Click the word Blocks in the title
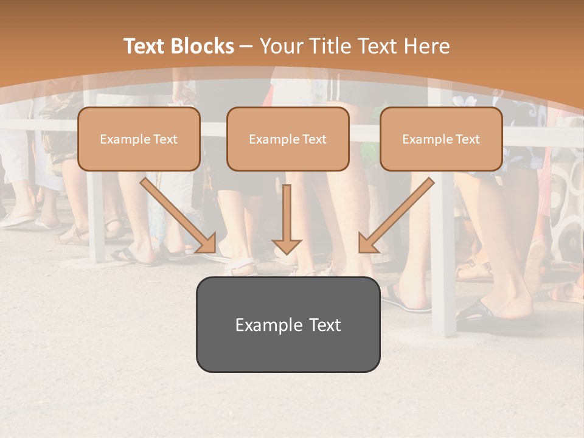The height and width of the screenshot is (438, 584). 204,46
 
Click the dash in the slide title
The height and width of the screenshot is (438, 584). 246,47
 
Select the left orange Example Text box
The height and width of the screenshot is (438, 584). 139,139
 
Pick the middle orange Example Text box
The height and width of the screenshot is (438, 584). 288,139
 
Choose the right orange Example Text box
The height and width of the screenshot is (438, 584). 441,139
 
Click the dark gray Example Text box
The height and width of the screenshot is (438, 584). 288,324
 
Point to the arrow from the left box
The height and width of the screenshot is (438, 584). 178,214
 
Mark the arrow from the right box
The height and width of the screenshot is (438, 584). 397,214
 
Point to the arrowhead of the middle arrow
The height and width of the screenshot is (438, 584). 287,245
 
